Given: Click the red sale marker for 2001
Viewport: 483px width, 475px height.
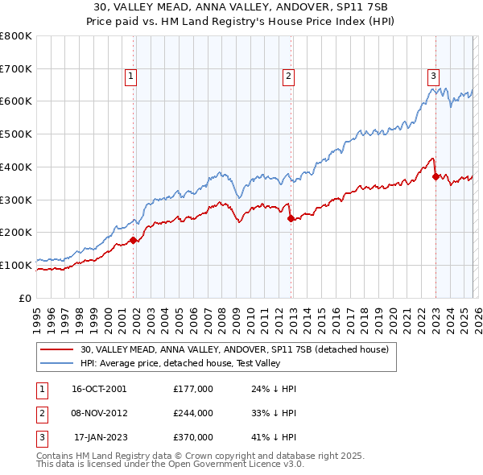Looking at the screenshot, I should point(133,239).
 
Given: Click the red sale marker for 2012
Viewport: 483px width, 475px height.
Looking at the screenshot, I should point(291,217).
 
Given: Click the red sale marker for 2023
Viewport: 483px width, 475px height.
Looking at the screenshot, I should point(436,176).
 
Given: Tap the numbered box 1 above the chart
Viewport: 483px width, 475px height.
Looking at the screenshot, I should point(130,76).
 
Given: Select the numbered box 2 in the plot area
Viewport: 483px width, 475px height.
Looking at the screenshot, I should point(288,76).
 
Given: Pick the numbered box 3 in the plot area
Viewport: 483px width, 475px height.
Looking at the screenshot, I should point(433,76).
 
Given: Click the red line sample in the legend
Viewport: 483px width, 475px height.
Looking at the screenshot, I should point(57,349).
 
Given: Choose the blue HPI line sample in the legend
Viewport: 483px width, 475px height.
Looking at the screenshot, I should point(57,363).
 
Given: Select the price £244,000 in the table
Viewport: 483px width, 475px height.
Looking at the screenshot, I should point(193,413).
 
